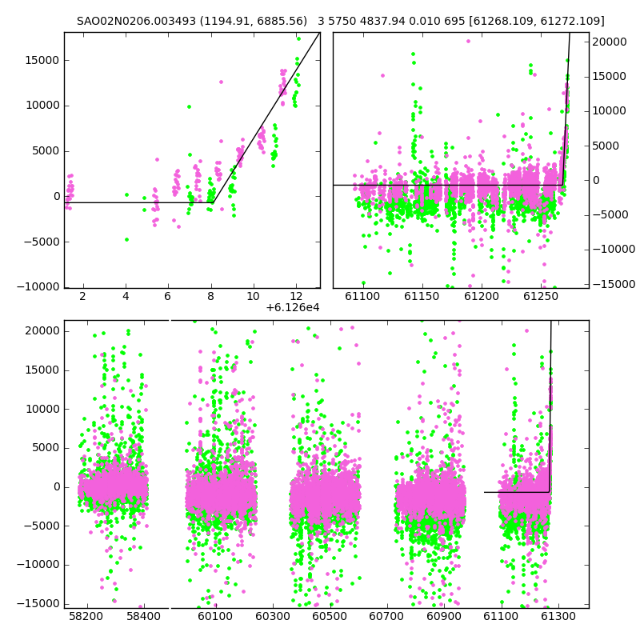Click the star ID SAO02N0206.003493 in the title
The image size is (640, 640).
click(x=136, y=21)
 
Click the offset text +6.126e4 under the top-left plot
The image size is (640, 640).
click(x=293, y=308)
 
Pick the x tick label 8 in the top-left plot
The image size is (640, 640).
click(x=211, y=296)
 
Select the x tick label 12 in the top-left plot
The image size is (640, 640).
click(x=296, y=296)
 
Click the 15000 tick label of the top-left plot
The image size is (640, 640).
click(x=42, y=61)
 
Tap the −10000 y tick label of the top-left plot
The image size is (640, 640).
click(x=38, y=287)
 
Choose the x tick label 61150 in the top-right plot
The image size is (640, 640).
click(x=422, y=296)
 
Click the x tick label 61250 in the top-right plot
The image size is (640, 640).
click(x=541, y=296)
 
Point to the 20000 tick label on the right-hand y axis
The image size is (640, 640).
click(x=610, y=42)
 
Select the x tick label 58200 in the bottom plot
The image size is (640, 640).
click(x=86, y=616)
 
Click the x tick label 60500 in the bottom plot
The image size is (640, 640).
click(x=330, y=616)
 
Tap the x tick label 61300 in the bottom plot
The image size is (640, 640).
click(x=558, y=616)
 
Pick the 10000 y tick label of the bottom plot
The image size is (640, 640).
click(x=43, y=409)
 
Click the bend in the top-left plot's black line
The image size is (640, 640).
click(x=213, y=202)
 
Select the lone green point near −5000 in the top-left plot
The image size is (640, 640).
click(x=126, y=239)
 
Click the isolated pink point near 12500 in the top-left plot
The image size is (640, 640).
click(x=222, y=82)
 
